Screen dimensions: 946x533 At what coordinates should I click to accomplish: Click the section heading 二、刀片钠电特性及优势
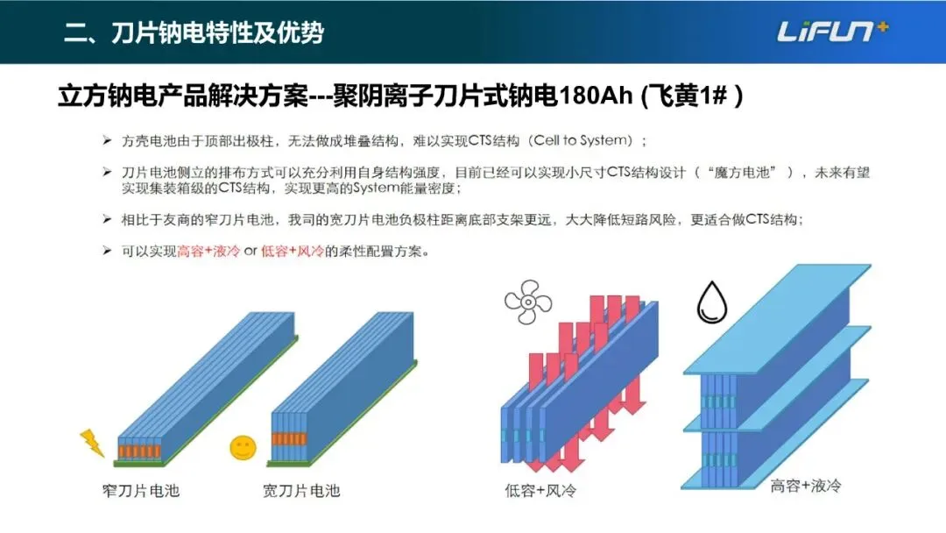pos(194,33)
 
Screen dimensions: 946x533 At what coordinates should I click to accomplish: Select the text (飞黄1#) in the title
pos(691,95)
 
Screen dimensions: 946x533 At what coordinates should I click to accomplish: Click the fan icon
pos(527,303)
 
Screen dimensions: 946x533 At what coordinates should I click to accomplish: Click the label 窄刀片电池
pos(141,490)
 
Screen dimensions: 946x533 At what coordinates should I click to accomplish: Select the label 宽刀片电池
pos(301,490)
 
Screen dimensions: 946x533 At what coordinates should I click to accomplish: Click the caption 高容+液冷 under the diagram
pos(806,485)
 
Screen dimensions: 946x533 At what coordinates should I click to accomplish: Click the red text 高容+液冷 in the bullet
pos(208,252)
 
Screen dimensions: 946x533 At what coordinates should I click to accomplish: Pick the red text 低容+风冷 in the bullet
pos(292,252)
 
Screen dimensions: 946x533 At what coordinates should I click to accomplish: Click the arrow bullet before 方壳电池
pos(106,140)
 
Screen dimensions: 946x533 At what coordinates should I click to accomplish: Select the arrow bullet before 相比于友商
pos(106,219)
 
